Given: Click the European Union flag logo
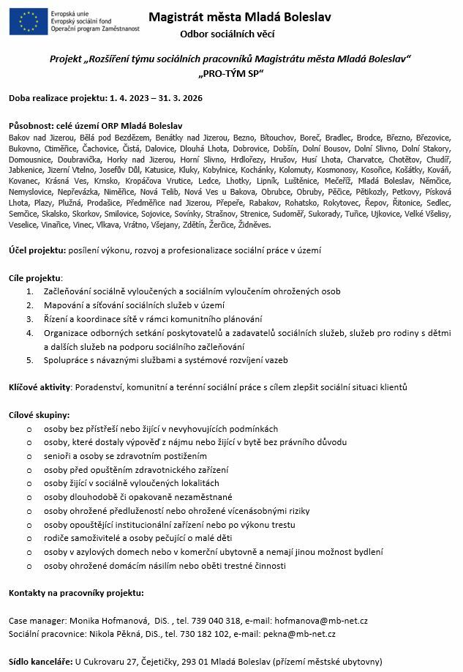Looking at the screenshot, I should pos(26,21).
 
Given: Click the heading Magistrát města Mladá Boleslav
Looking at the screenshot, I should pos(231,17).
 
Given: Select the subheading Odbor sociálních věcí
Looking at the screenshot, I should pos(231,34).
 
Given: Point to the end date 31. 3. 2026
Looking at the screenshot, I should pos(169,97).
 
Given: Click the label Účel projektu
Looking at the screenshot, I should pos(37,250).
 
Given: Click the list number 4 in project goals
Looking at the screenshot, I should pos(29,332).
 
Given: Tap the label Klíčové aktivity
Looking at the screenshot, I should pos(39,386).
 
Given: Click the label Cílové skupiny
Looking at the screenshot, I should pos(39,414).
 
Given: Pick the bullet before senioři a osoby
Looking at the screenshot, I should pos(29,456).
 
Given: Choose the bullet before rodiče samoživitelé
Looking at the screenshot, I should pos(29,538).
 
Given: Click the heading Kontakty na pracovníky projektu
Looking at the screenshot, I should pos(76,592).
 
